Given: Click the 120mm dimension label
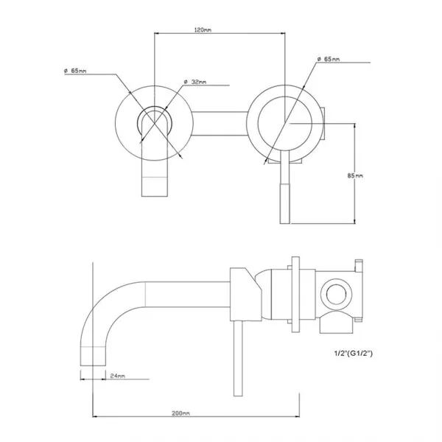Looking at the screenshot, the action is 203,29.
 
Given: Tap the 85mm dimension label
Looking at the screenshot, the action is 355,175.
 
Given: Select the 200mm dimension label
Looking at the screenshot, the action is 180,413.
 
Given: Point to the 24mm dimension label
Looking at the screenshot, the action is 118,376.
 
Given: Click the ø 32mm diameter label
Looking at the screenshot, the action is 195,82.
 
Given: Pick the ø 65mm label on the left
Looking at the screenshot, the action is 75,71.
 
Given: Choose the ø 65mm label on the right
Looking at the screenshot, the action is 329,59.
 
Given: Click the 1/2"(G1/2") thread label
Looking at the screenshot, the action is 354,353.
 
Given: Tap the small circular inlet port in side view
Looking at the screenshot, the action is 336,294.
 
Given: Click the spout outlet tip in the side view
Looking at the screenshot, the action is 93,357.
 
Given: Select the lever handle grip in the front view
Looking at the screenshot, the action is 284,203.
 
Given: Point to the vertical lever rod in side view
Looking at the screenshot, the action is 238,358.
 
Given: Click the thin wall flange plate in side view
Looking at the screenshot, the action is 295,295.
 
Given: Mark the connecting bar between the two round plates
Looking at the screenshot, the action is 220,124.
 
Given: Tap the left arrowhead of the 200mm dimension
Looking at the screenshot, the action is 95,416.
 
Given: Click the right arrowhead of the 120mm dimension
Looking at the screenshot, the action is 282,33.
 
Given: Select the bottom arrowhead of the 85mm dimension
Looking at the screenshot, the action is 355,221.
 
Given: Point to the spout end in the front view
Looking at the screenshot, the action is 155,186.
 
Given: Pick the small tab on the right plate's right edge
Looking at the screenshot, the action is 323,124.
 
